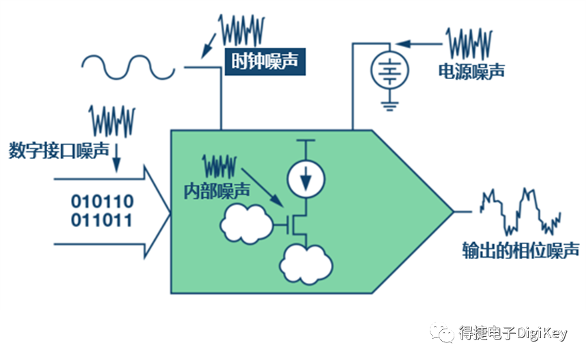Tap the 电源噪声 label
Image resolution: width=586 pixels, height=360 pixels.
pyautogui.click(x=472, y=70)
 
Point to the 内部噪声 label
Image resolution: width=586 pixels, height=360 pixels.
pyautogui.click(x=216, y=190)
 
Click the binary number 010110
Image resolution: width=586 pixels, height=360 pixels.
pyautogui.click(x=103, y=202)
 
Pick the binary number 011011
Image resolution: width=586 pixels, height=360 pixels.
pyautogui.click(x=103, y=221)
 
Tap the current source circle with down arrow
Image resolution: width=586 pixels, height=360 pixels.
pyautogui.click(x=306, y=178)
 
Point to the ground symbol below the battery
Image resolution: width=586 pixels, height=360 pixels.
pyautogui.click(x=388, y=104)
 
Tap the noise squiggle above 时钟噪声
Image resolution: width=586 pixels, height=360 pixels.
pyautogui.click(x=241, y=29)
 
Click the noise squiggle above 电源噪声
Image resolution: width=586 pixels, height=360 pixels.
pyautogui.click(x=469, y=43)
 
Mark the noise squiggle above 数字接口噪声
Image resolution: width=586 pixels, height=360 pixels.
pyautogui.click(x=113, y=121)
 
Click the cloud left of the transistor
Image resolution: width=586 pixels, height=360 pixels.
pyautogui.click(x=244, y=222)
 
